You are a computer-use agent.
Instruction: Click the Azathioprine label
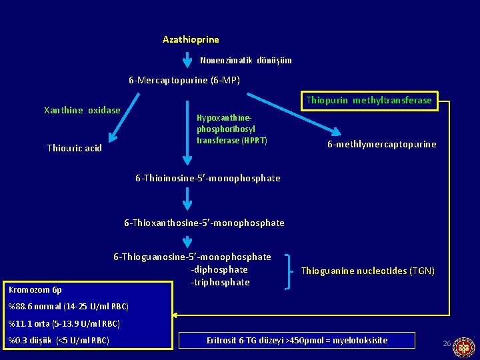191,40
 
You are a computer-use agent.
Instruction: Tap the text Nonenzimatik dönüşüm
245,61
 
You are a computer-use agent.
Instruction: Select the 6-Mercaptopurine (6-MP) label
184,81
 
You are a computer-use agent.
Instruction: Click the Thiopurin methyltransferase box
369,101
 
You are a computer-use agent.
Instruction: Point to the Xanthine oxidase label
82,110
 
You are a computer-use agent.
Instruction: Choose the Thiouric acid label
75,148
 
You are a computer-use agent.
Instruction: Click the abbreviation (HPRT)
255,141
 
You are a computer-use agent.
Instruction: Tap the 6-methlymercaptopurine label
381,144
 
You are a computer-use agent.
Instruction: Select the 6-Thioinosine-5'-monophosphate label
208,178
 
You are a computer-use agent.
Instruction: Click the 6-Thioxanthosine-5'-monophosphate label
204,223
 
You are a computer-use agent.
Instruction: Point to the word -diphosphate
219,269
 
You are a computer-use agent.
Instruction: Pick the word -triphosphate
220,282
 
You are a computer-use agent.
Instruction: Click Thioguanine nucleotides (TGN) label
367,271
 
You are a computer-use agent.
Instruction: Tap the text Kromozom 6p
35,290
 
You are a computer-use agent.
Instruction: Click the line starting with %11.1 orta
64,324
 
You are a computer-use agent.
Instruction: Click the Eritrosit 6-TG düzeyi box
297,341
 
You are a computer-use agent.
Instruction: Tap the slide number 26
447,343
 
